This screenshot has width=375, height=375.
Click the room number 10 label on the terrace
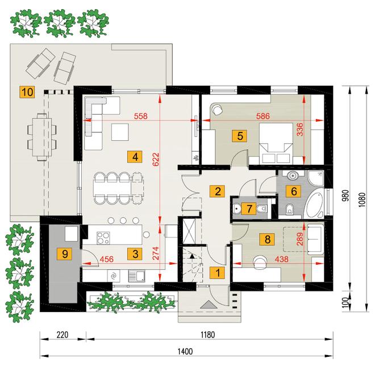pyautogui.click(x=27, y=92)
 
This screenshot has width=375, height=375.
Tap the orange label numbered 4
pyautogui.click(x=135, y=157)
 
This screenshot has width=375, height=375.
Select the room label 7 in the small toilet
pyautogui.click(x=249, y=209)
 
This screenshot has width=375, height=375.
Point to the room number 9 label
pyautogui.click(x=65, y=254)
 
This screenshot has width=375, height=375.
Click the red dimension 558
pyautogui.click(x=141, y=116)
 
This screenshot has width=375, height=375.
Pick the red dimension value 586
pyautogui.click(x=263, y=116)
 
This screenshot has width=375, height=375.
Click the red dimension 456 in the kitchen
pyautogui.click(x=106, y=259)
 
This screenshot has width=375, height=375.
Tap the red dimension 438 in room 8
pyautogui.click(x=281, y=259)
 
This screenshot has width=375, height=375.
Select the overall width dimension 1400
pyautogui.click(x=185, y=352)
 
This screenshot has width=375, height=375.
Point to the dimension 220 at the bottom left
pyautogui.click(x=63, y=335)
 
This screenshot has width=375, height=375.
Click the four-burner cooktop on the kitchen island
pyautogui.click(x=103, y=238)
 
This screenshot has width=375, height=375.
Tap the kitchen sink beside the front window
pyautogui.click(x=136, y=276)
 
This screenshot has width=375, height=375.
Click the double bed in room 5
pyautogui.click(x=276, y=143)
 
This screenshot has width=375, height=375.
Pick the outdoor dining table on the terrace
pyautogui.click(x=42, y=137)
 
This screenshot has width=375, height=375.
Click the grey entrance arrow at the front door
pyautogui.click(x=209, y=305)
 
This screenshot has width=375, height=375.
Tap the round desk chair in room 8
pyautogui.click(x=260, y=262)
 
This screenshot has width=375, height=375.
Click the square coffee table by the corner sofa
pyautogui.click(x=120, y=132)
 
